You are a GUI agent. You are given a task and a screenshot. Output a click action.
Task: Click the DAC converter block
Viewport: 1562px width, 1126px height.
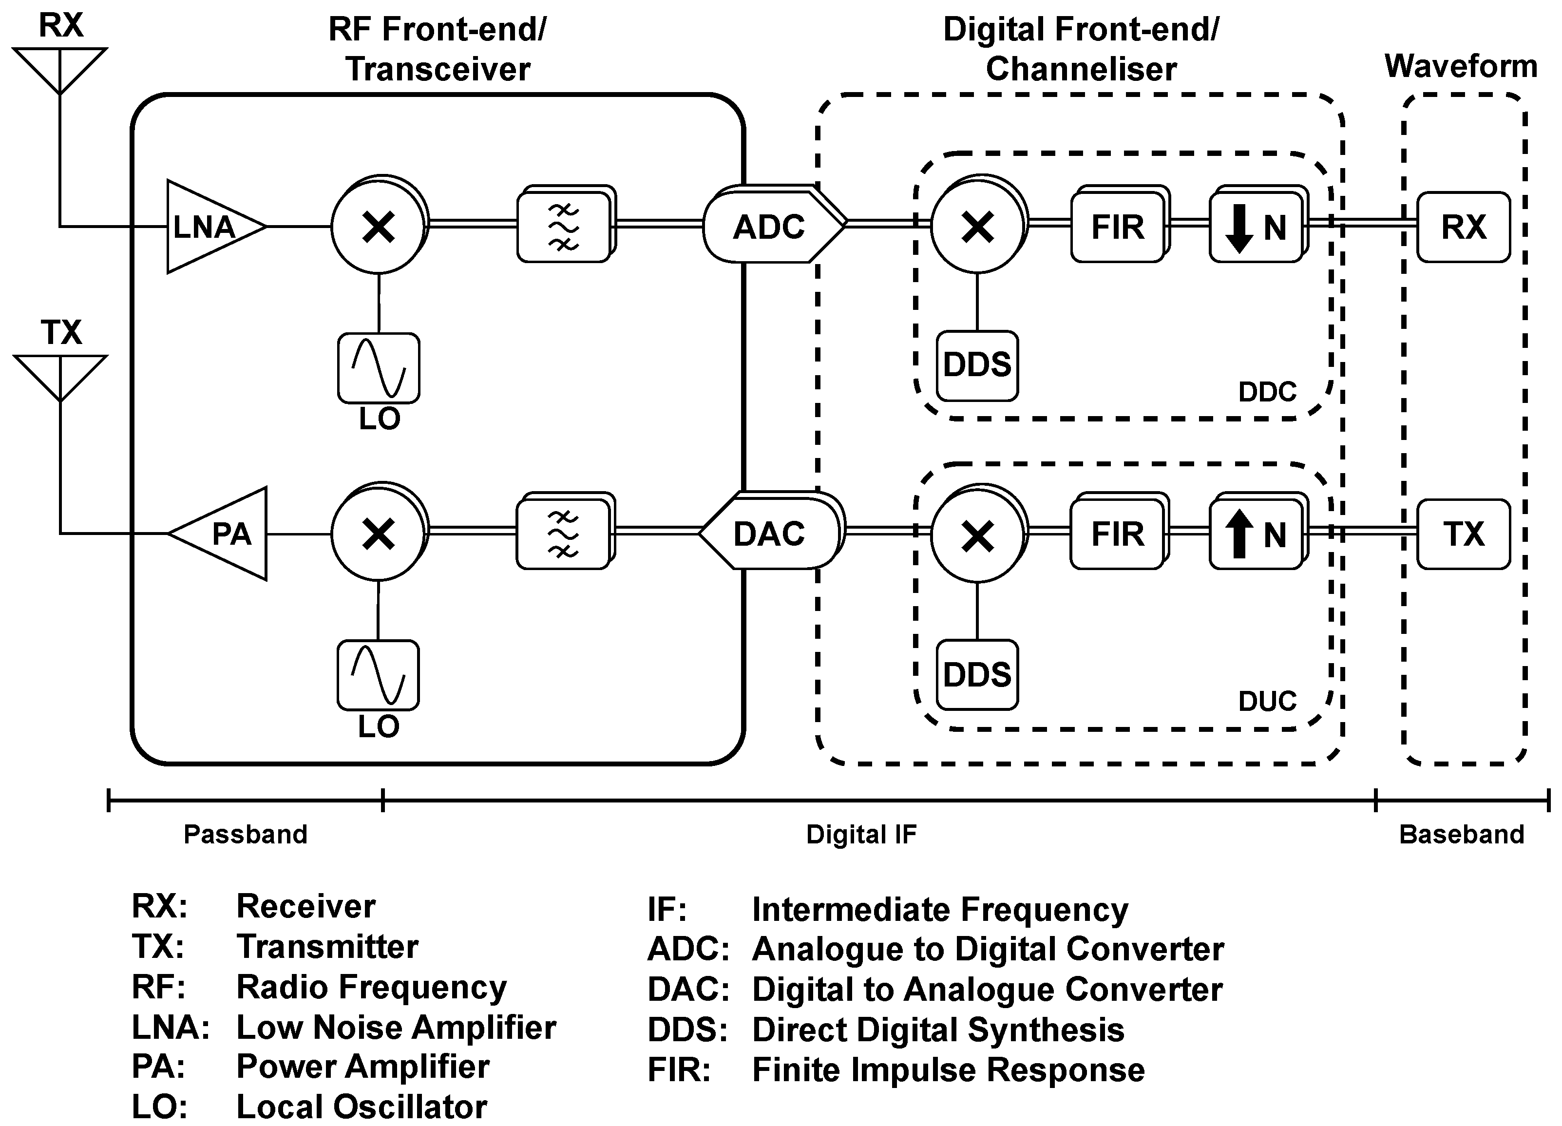[770, 534]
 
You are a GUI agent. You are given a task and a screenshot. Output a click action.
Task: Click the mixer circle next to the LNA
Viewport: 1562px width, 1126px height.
[378, 227]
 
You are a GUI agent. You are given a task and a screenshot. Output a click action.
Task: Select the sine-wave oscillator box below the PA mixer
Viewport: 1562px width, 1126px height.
[378, 675]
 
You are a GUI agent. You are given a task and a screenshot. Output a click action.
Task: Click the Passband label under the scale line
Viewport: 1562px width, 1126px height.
[245, 835]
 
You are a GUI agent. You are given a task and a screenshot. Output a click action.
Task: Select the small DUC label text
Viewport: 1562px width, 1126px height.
[1267, 701]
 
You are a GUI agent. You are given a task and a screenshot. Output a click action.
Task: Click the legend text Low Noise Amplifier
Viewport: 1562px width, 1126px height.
[396, 1028]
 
